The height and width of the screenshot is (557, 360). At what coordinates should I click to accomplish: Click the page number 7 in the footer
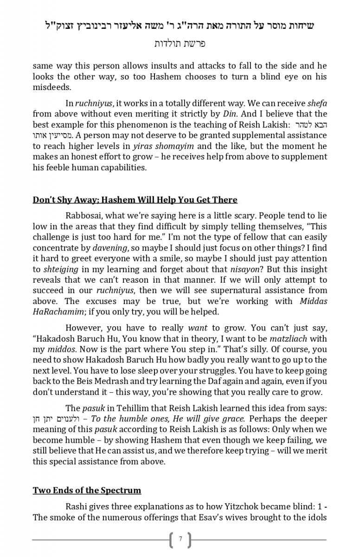pyautogui.click(x=180, y=539)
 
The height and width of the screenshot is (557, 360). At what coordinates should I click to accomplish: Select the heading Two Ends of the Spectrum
pyautogui.click(x=87, y=490)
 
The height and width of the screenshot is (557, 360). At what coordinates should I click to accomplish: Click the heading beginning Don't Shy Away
pyautogui.click(x=135, y=200)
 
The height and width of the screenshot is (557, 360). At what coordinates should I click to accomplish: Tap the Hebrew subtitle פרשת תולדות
pyautogui.click(x=180, y=44)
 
